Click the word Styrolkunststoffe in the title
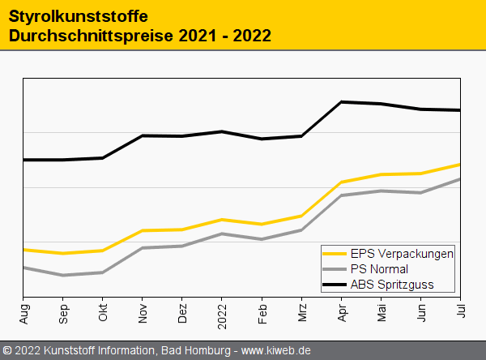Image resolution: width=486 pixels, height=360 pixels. click(78, 16)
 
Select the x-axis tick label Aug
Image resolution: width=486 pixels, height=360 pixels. click(23, 312)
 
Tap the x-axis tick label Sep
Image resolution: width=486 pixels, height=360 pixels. click(63, 312)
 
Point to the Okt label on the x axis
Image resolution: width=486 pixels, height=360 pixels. click(103, 312)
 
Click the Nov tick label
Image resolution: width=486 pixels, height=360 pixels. click(143, 312)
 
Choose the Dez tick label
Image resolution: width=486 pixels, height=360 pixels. click(182, 312)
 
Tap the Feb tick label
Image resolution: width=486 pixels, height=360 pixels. click(262, 312)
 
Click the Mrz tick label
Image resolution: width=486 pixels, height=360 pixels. click(301, 312)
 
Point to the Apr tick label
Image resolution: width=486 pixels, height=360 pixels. click(341, 312)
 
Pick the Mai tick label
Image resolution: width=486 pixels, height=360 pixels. click(381, 312)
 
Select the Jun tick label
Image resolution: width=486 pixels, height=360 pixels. click(420, 312)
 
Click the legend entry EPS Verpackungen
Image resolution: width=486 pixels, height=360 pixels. click(401, 253)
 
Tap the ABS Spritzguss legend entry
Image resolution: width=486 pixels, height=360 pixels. click(392, 284)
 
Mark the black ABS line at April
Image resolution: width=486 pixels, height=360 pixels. click(341, 102)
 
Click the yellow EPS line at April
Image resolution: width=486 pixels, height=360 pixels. click(341, 182)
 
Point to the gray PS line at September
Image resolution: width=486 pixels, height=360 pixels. click(63, 276)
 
